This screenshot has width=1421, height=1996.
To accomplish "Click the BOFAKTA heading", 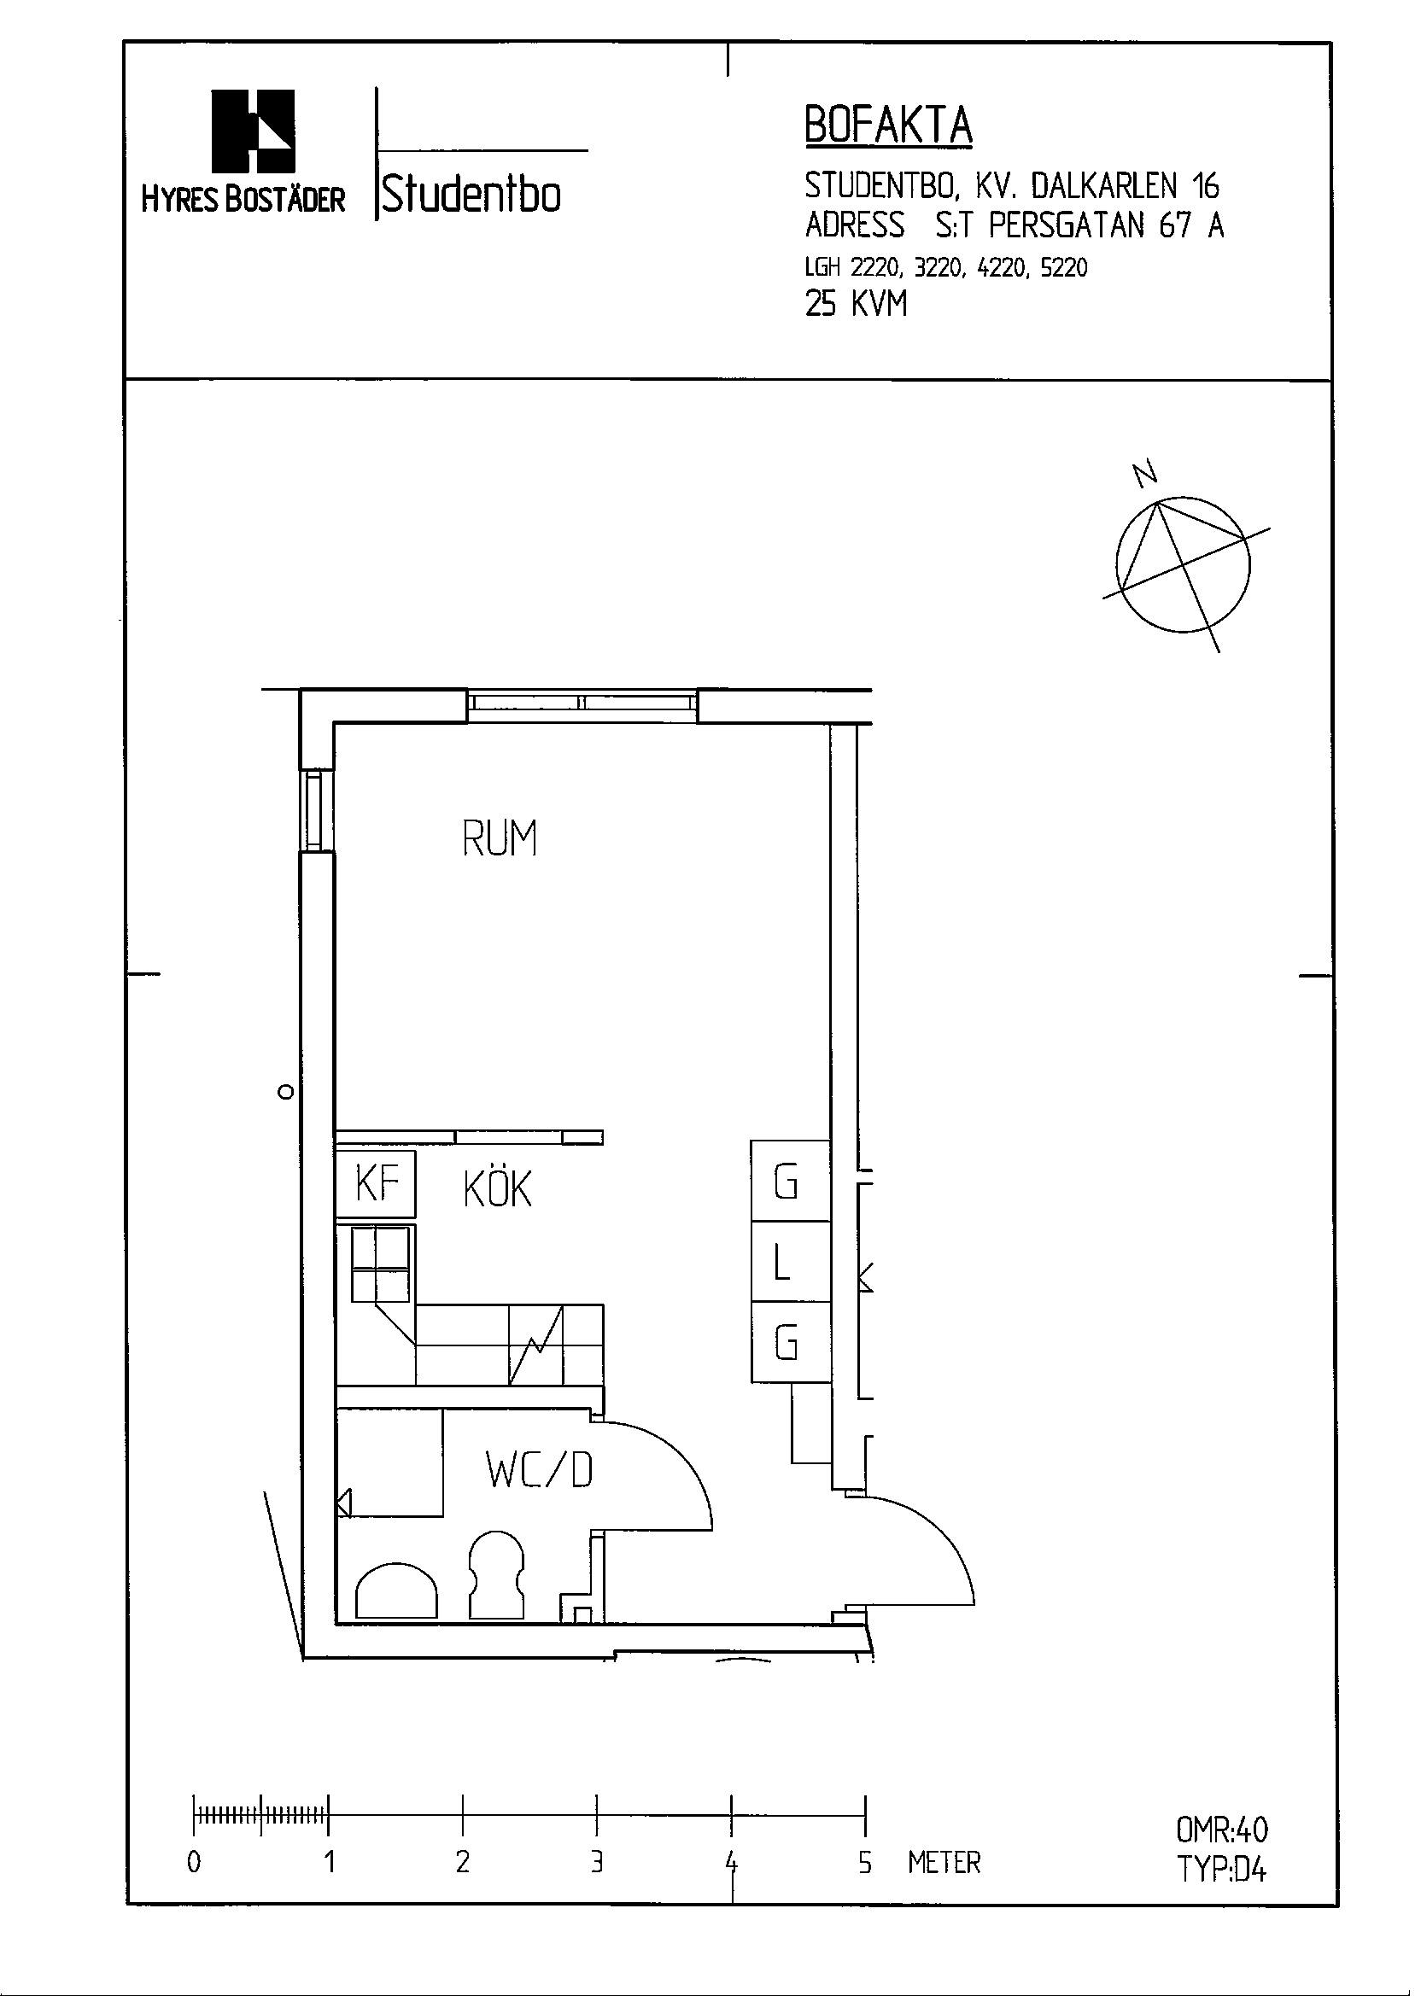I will [887, 126].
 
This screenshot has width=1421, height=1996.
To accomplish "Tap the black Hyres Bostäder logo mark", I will [253, 131].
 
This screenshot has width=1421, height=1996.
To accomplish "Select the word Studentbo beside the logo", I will [471, 194].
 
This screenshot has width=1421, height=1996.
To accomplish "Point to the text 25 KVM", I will [856, 304].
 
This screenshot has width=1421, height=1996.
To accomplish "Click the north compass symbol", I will [1183, 565].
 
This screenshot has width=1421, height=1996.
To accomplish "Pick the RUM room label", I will [499, 838].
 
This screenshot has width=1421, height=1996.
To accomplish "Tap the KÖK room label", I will [497, 1188].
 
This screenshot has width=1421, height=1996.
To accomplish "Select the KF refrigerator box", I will [377, 1184].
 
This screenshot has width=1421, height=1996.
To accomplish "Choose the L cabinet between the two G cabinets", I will [790, 1261].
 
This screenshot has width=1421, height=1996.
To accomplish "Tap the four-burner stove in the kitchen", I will [381, 1264].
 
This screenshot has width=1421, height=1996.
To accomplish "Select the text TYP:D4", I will [1221, 1869].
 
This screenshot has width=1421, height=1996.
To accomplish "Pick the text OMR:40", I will [1221, 1830].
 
